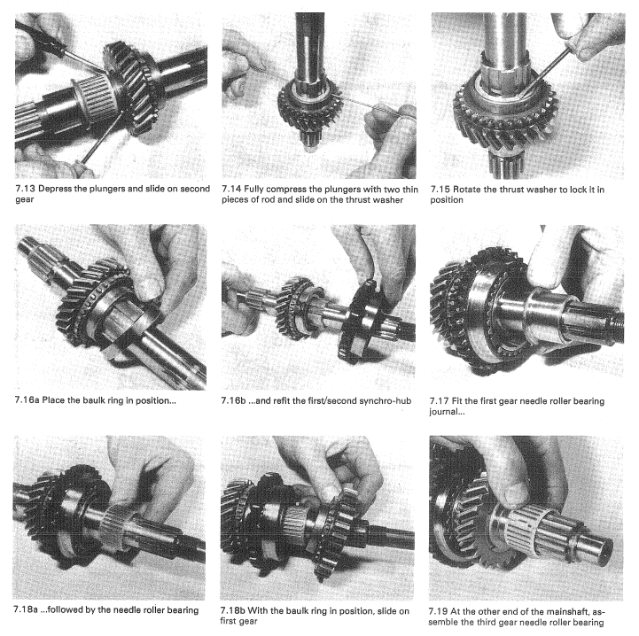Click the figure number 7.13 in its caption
tap(26, 189)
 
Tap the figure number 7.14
tap(231, 190)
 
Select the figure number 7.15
tap(440, 190)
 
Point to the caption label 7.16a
tap(27, 400)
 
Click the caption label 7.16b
tap(233, 401)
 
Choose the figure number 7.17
tap(439, 401)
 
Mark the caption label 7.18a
tap(26, 610)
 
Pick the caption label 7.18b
tap(233, 611)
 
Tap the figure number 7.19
tap(438, 611)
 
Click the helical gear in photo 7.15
tap(505, 112)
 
